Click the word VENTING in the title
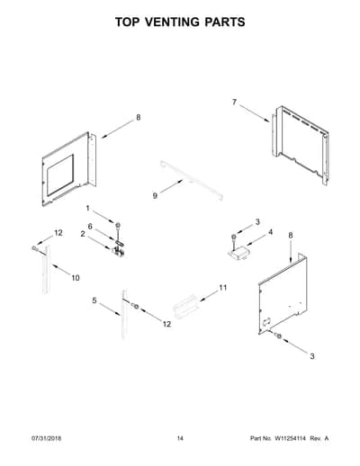(x=172, y=22)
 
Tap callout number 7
(x=234, y=103)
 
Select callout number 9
(x=155, y=196)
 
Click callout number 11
(x=223, y=288)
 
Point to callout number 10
(x=76, y=278)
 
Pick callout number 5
(x=94, y=300)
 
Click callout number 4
(x=271, y=232)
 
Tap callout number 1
(x=88, y=208)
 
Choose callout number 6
(x=90, y=227)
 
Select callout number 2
(x=83, y=234)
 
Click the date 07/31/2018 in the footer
(x=47, y=438)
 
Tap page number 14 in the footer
(x=180, y=438)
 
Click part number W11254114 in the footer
(x=290, y=438)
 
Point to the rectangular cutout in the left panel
(x=60, y=175)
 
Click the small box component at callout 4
(x=238, y=253)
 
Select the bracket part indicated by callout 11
(x=186, y=307)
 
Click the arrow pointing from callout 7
(x=255, y=113)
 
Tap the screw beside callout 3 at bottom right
(x=278, y=336)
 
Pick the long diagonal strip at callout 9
(x=192, y=180)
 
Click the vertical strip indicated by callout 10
(x=46, y=269)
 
